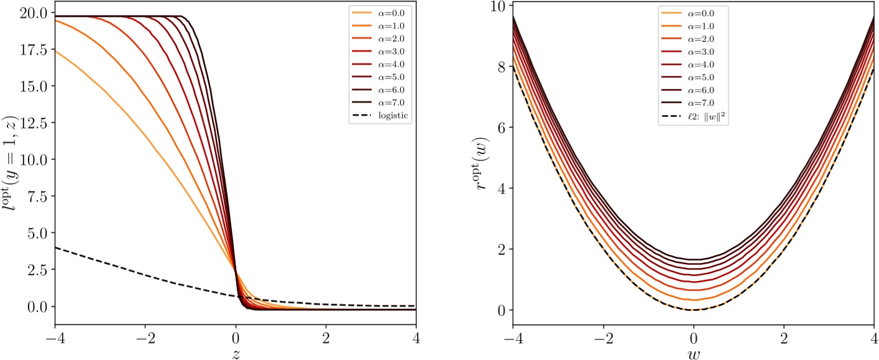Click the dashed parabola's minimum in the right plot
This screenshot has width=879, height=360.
click(693, 310)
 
